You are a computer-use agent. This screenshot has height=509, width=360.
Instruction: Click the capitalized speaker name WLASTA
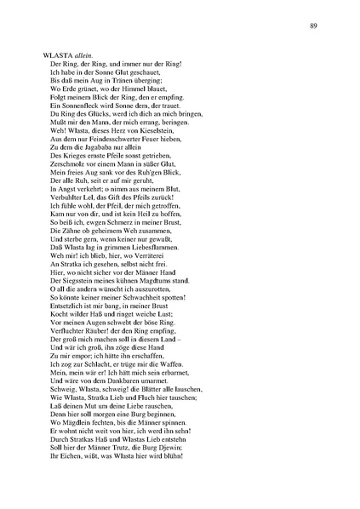[x=56, y=54]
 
